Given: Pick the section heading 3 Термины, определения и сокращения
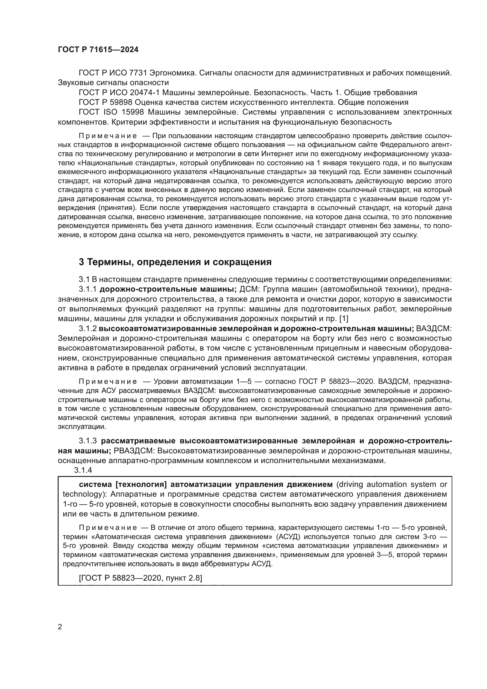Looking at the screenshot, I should (175, 262).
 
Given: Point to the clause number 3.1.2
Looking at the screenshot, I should (87, 329).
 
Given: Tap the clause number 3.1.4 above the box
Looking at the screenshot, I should (83, 470).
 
